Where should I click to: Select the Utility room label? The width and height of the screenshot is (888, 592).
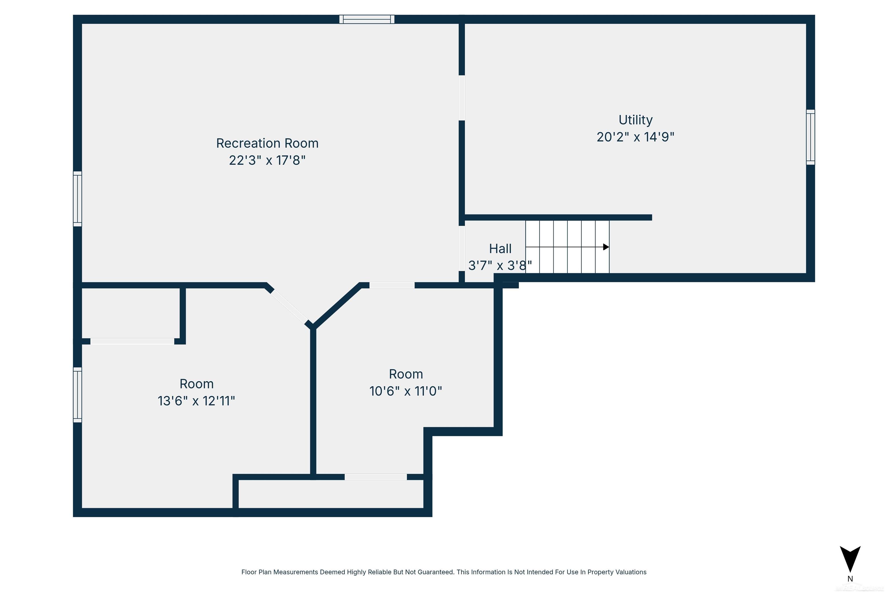point(635,120)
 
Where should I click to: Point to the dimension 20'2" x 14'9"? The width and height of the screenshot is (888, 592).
point(635,137)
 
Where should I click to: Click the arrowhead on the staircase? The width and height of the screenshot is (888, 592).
point(606,247)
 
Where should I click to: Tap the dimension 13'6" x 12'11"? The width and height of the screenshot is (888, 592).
point(196,401)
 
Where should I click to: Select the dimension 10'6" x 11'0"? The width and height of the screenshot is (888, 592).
point(406,391)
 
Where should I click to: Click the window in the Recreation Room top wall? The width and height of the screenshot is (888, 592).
point(367,19)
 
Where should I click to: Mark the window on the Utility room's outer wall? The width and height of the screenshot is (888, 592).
point(810,137)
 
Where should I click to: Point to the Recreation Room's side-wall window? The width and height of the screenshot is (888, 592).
point(77,199)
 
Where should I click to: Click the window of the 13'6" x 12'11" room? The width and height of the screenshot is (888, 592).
point(77,395)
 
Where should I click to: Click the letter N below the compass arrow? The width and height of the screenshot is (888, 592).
point(850,579)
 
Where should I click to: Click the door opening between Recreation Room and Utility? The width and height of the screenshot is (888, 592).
point(461,98)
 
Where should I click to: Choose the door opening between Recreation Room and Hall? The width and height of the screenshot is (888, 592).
point(461,248)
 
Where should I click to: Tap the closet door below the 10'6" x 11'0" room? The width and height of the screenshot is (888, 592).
point(376,477)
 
